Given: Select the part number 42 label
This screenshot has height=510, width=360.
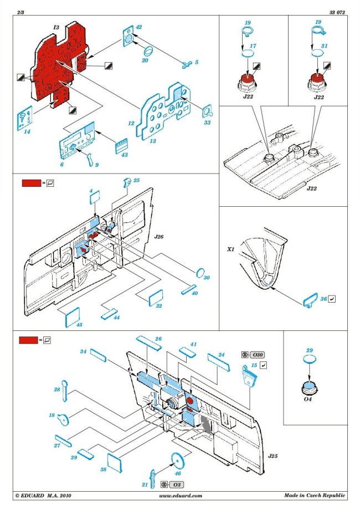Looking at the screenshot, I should click(x=138, y=27).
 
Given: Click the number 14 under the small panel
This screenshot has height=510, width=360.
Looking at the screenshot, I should click(x=26, y=131).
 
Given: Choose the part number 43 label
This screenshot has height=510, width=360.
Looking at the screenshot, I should click(x=125, y=155).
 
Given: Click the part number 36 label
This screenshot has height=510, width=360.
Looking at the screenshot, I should click(x=323, y=299).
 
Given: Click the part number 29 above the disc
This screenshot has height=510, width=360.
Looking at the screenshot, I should click(x=310, y=350).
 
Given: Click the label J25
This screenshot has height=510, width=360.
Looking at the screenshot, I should click(x=272, y=455).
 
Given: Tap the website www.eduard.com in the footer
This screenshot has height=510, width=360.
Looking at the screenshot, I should click(x=181, y=496).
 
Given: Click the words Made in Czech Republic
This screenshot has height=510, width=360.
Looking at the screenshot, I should click(x=315, y=496).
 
